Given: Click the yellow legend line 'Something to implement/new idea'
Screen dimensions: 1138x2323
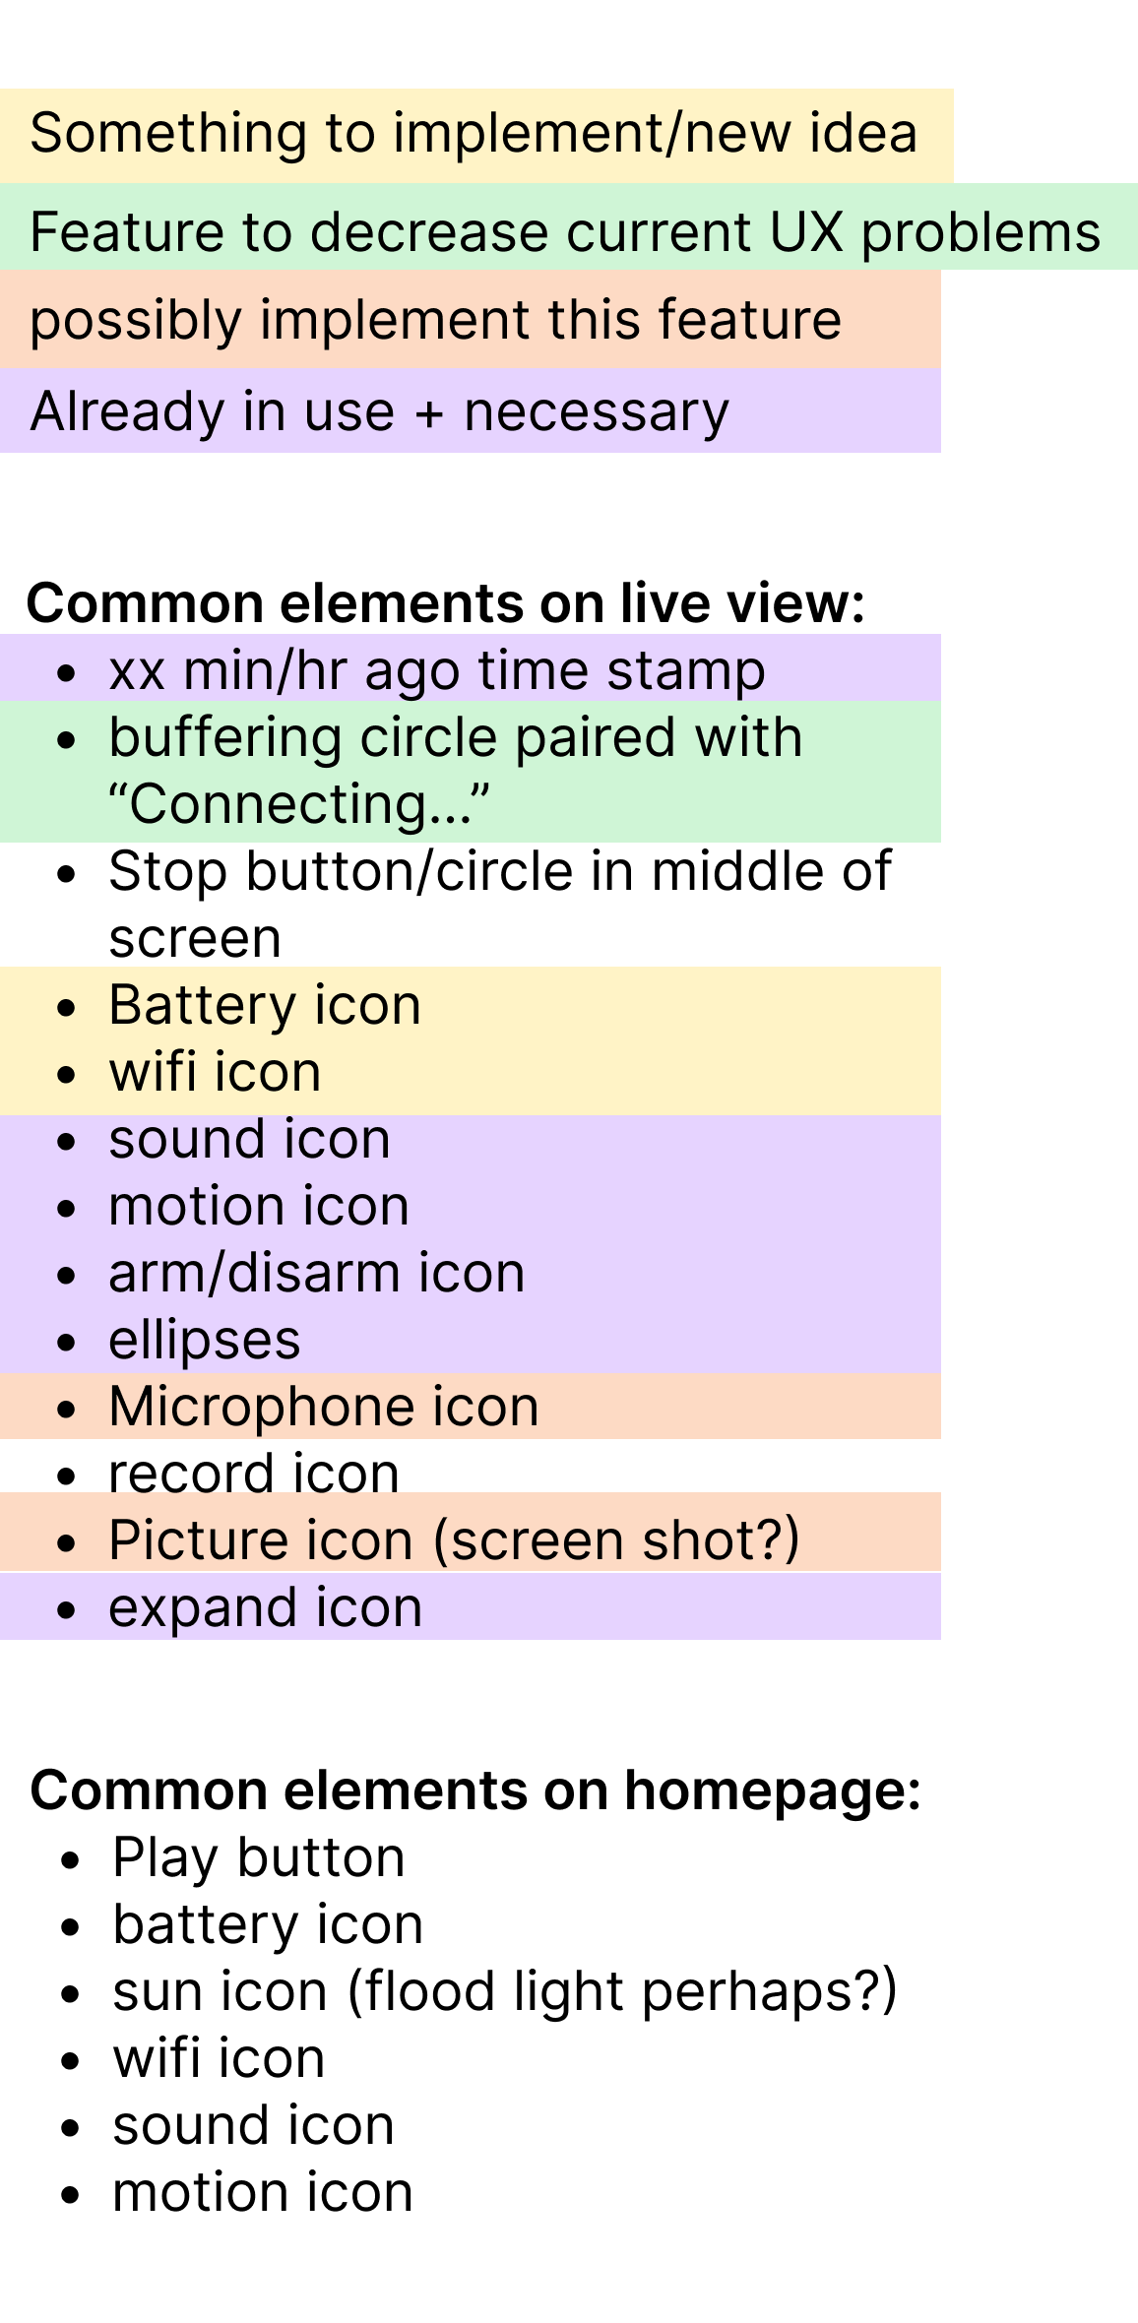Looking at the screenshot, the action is (473, 134).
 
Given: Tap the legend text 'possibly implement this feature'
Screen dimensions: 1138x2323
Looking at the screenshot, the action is (435, 320).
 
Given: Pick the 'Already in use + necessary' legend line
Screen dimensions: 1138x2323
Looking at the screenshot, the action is (379, 411).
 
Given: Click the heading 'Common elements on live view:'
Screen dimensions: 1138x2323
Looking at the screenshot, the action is (445, 603).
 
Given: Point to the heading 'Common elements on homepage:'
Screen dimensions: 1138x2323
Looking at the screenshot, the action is (474, 1790).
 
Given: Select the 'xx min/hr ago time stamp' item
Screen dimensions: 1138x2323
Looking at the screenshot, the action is (436, 671).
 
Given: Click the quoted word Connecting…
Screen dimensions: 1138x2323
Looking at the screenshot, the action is (298, 805).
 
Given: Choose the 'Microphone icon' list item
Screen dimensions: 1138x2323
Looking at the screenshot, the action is (323, 1407).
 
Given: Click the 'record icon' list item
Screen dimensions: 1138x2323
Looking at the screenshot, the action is (253, 1474).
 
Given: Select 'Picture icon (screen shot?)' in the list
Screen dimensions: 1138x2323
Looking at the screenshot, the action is (454, 1540).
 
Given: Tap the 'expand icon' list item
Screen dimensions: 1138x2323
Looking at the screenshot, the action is (265, 1607).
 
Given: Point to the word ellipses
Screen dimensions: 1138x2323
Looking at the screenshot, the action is (204, 1340).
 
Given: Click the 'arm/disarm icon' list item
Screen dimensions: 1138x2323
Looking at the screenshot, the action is (316, 1273).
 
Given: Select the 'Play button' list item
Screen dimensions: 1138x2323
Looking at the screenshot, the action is (258, 1858).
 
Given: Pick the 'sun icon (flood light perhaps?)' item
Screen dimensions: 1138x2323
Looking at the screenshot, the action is (504, 1992).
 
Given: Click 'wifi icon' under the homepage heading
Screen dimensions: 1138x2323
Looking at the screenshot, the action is (219, 2058).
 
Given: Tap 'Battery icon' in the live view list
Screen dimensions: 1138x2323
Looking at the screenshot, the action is (264, 1006).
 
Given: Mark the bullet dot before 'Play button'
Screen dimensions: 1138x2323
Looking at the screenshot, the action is (69, 1860).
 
